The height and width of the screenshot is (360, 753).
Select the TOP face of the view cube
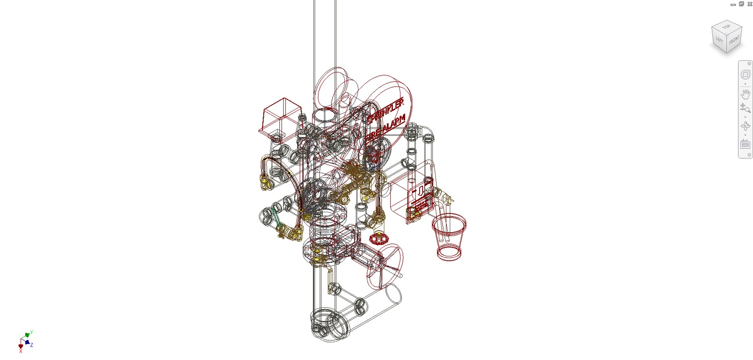point(726,27)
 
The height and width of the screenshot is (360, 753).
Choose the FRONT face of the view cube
point(734,40)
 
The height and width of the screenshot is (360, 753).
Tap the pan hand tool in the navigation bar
point(745,94)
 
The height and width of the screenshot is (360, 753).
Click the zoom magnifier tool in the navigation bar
point(745,108)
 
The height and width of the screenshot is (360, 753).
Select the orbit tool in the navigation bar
point(745,126)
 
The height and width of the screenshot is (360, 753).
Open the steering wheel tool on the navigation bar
point(745,75)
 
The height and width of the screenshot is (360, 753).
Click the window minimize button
point(733,4)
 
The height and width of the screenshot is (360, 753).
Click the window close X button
point(750,4)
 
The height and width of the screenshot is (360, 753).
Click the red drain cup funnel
point(449,235)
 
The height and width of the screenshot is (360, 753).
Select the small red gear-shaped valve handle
point(379,238)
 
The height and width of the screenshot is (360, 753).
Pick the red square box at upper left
point(280,116)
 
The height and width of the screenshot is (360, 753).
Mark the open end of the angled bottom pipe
point(393,294)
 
